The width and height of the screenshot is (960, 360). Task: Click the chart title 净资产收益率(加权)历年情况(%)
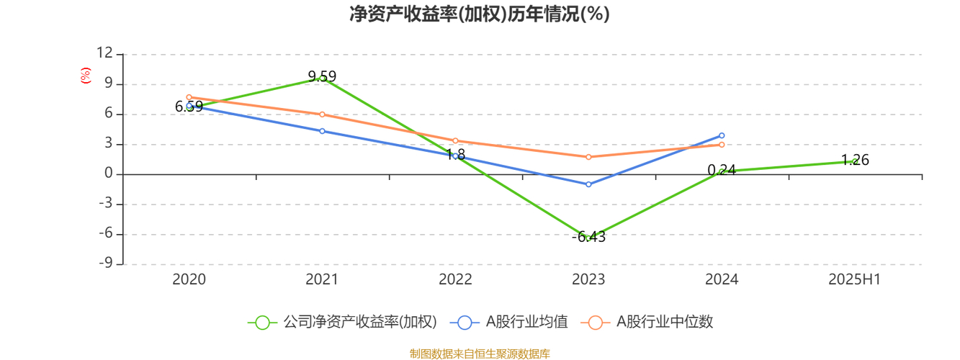pyautogui.click(x=480, y=14)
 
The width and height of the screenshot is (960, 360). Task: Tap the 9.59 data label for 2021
pyautogui.click(x=322, y=76)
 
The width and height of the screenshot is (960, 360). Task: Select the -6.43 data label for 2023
pyautogui.click(x=588, y=237)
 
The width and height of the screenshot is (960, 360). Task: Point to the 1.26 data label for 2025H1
pyautogui.click(x=855, y=161)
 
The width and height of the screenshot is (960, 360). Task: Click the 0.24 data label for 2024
pyautogui.click(x=722, y=171)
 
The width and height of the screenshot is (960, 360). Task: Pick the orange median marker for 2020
pyautogui.click(x=189, y=97)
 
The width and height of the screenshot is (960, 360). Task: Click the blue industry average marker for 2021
pyautogui.click(x=322, y=131)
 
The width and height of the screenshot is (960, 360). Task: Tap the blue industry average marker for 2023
pyautogui.click(x=588, y=184)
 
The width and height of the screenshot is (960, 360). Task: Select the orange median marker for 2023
pyautogui.click(x=588, y=157)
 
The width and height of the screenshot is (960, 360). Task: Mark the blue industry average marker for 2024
pyautogui.click(x=722, y=135)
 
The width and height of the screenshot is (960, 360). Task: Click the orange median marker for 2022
pyautogui.click(x=455, y=140)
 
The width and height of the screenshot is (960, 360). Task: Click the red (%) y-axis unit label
pyautogui.click(x=86, y=76)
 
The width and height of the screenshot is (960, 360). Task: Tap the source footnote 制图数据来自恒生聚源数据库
pyautogui.click(x=480, y=354)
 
